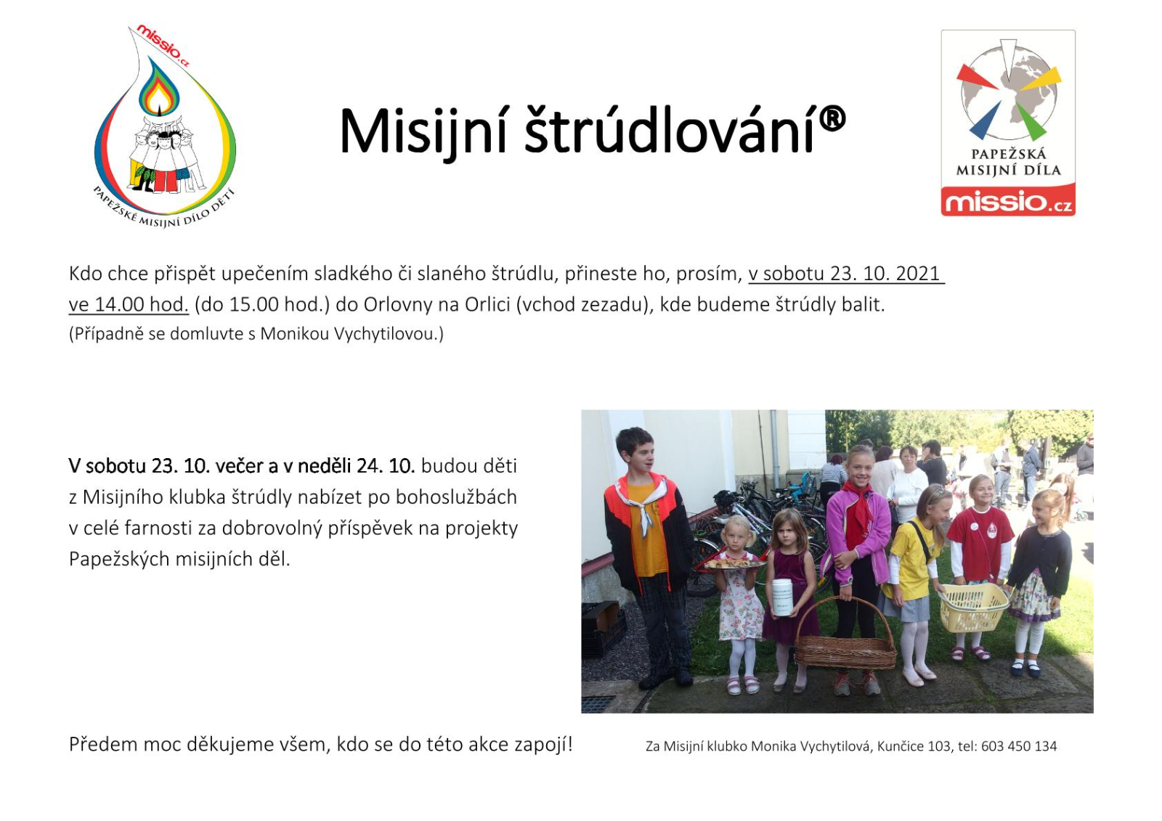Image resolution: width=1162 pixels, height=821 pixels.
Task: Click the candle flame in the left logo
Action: [159, 98]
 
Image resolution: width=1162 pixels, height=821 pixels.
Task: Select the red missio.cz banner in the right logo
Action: [1008, 200]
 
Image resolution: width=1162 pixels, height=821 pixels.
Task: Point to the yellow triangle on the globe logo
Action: [1041, 79]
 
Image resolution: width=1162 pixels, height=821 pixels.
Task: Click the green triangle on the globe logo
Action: [1031, 121]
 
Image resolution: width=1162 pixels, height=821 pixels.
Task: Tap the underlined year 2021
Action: [918, 274]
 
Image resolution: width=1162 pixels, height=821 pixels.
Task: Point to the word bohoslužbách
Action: [457, 497]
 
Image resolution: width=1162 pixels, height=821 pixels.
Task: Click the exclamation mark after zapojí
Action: [570, 745]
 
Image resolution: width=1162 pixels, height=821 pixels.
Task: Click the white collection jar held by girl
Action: [782, 597]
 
